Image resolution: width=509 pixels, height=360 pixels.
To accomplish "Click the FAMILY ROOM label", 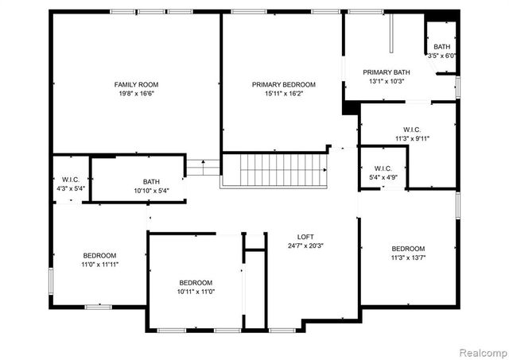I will tap(136, 83).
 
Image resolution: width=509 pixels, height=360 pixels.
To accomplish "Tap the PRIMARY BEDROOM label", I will tap(284, 84).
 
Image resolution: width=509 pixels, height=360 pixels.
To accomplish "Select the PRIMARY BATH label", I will tap(384, 72).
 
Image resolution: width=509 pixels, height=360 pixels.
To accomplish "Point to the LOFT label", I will tap(306, 236).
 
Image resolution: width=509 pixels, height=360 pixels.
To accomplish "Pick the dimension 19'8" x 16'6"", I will tap(136, 93).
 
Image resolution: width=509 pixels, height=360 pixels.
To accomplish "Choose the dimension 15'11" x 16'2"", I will tap(284, 94).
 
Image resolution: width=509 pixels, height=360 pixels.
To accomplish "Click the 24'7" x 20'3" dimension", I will tap(306, 246).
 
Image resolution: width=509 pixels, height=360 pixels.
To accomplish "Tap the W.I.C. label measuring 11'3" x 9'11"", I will tap(411, 129).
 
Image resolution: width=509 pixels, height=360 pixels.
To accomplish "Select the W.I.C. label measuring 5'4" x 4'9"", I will tap(383, 168).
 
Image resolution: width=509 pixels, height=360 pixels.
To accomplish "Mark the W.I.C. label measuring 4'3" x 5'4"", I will tap(69, 180).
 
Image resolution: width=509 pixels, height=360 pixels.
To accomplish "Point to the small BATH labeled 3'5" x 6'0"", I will tap(441, 47).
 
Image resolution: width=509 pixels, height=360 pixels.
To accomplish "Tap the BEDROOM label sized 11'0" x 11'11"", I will tap(99, 255).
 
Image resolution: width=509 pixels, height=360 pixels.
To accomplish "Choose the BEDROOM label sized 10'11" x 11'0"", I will tap(195, 283).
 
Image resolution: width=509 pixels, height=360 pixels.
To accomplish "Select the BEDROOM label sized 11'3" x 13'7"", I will tap(407, 248).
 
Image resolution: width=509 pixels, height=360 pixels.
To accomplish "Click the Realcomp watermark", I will tap(481, 350).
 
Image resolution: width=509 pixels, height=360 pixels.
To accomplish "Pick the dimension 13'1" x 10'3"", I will tap(384, 81).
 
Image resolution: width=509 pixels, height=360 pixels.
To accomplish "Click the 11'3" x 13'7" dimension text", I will tap(407, 257).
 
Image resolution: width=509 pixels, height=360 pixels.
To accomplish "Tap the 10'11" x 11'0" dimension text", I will tap(195, 292).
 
